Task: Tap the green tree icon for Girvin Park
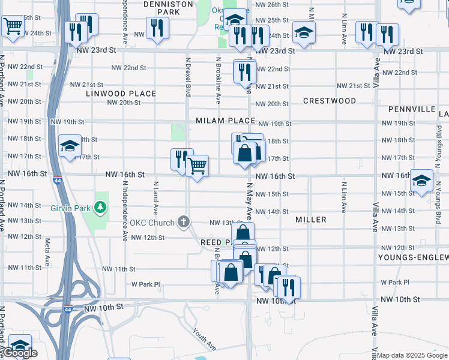coord(101,207)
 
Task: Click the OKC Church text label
coord(155,223)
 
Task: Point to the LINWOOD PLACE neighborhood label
coord(121,94)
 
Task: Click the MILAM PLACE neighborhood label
coord(225,121)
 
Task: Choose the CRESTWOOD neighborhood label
coord(330,101)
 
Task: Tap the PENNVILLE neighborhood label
coord(411,109)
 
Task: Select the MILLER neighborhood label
coord(311,220)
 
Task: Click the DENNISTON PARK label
coord(170,7)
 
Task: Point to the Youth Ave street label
coord(204,339)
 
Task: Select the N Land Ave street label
coord(155,199)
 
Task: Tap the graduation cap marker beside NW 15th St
coord(421,180)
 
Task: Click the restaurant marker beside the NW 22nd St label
coord(244,72)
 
